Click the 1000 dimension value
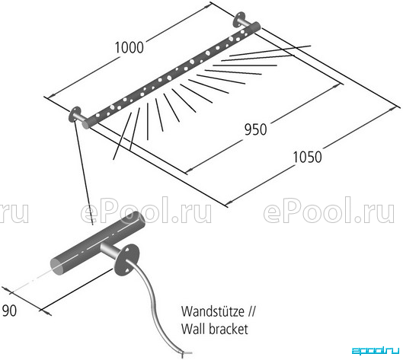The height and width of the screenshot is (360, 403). (129, 48)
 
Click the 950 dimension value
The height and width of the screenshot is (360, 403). (255, 129)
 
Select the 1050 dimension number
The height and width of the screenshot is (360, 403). (307, 157)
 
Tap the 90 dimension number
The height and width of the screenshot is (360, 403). (9, 311)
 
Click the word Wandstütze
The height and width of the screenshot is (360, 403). (213, 311)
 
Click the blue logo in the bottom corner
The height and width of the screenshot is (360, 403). (376, 351)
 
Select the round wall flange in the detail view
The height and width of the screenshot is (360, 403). (126, 260)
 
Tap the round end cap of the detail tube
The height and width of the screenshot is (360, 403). (58, 266)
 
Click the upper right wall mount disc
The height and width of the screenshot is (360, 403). (239, 19)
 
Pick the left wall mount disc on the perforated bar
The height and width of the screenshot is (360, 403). (75, 114)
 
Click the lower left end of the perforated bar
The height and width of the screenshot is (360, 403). (85, 125)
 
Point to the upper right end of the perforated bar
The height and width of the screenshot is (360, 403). (256, 27)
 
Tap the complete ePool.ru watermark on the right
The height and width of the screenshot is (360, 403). (328, 210)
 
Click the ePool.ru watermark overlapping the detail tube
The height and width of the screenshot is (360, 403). (146, 210)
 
